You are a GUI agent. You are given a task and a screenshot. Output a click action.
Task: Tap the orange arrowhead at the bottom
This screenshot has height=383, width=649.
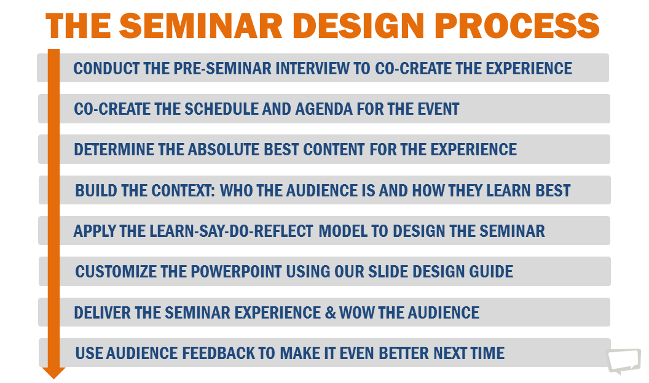pos(54,372)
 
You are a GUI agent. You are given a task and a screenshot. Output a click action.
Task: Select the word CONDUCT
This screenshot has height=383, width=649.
pos(106,68)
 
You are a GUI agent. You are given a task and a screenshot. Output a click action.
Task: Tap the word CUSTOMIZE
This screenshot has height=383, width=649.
pos(116,272)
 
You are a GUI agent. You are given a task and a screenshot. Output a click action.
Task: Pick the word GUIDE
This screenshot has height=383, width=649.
pos(490,272)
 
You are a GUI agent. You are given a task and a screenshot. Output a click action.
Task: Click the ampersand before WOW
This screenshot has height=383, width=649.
pos(329,312)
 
